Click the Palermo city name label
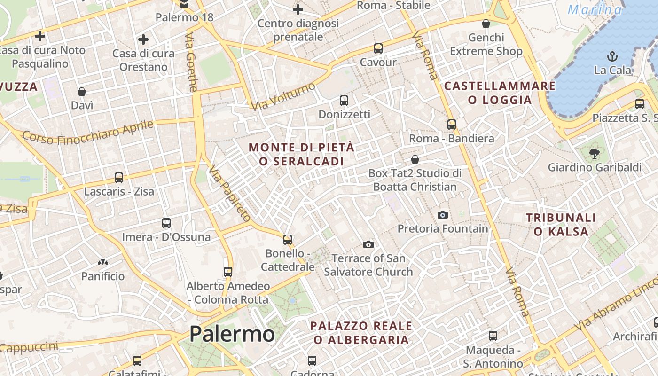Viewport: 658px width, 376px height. (x=232, y=334)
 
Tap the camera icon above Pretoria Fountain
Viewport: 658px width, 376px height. (x=442, y=215)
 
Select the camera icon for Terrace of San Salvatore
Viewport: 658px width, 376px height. (x=368, y=244)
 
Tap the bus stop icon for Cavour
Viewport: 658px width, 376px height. (x=378, y=48)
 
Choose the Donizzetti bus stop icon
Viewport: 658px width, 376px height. (x=344, y=100)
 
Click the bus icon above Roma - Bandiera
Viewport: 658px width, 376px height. (x=452, y=125)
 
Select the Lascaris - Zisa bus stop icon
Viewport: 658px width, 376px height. (x=119, y=178)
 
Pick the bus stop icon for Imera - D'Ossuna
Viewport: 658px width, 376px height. (x=166, y=223)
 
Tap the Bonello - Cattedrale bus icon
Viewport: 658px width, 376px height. (x=288, y=240)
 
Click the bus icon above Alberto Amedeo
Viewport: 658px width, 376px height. (x=228, y=272)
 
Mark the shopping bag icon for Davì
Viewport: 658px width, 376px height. (x=82, y=91)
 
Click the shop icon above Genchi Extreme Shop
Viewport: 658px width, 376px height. (x=486, y=23)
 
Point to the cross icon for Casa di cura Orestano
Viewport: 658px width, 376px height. (x=143, y=39)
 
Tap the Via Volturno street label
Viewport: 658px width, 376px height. (x=283, y=96)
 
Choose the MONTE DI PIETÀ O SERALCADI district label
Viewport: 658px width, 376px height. (x=301, y=154)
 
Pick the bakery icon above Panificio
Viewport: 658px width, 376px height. (x=102, y=262)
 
